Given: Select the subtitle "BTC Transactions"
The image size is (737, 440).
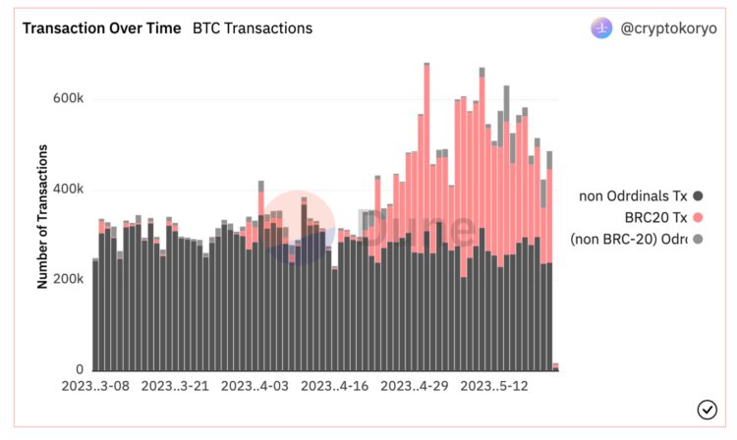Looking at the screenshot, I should point(253,28).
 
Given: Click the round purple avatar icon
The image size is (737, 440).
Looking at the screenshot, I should point(601,28).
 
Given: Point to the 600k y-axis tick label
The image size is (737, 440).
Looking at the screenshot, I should point(67,99).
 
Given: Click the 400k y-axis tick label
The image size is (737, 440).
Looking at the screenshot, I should point(67,190).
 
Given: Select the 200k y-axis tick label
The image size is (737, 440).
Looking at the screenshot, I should point(67,280).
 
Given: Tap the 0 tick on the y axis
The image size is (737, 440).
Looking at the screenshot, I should point(80,370).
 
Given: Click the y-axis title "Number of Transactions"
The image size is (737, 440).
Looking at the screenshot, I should point(43,216).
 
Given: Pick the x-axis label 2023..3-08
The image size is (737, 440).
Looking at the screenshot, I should point(95,388).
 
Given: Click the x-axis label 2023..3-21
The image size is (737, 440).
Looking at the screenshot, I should point(176,388).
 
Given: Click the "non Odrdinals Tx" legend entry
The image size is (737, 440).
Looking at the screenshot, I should point(633,196).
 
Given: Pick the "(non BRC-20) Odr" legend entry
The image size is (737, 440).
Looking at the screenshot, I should point(629,239).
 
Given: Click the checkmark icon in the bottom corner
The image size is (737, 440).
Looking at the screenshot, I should point(707,410).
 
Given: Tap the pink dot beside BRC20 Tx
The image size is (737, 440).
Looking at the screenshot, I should point(698,218).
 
